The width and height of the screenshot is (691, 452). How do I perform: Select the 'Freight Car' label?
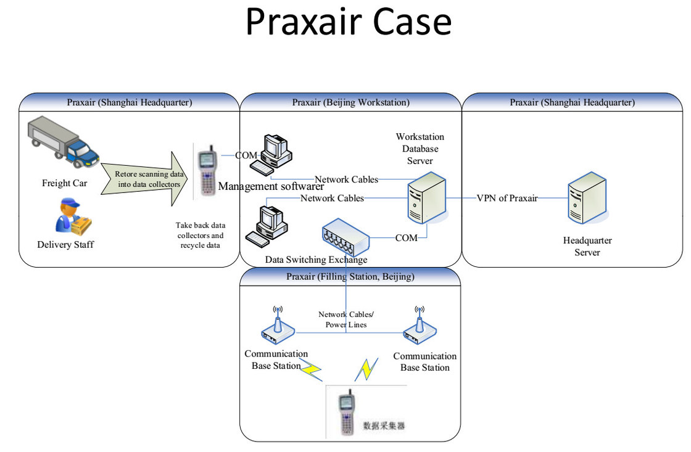click(x=65, y=183)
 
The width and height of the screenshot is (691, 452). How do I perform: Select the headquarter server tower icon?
click(x=587, y=199)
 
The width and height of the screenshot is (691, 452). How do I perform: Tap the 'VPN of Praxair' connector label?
click(x=507, y=198)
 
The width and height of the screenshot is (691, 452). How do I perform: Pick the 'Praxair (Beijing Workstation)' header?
click(x=350, y=102)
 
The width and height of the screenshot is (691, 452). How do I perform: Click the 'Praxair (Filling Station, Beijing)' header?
click(x=350, y=276)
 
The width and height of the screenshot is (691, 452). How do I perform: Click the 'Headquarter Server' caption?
click(x=587, y=246)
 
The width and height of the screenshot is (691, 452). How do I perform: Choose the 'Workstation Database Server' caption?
click(x=420, y=149)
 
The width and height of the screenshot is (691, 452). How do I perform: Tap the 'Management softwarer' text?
click(x=271, y=186)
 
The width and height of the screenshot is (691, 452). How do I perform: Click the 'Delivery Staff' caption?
click(x=65, y=245)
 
